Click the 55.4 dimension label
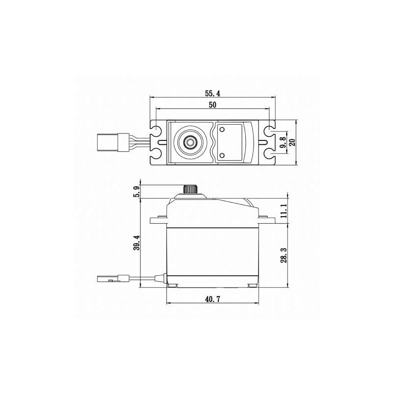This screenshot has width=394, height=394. (212, 94)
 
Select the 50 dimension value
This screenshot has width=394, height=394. (213, 105)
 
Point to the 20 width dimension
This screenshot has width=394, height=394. (292, 142)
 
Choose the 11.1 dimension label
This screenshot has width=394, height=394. (284, 211)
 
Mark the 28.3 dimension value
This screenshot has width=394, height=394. (284, 256)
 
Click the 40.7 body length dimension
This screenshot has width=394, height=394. (213, 299)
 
